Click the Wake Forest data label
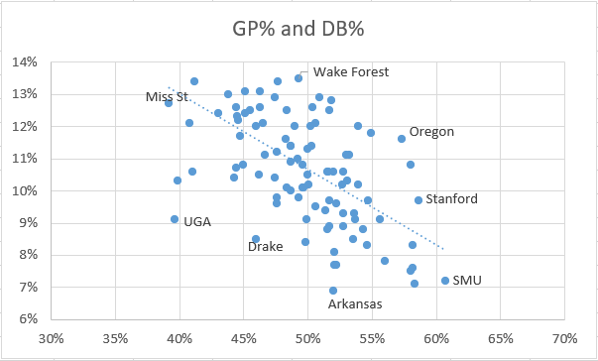[350, 71]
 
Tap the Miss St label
[167, 96]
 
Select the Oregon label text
[432, 131]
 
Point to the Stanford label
[452, 199]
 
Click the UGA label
[196, 222]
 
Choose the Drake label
[265, 246]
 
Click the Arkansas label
[355, 304]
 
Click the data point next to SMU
[445, 281]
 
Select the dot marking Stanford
[419, 200]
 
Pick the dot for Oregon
[402, 139]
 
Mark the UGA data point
[175, 219]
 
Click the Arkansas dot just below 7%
[333, 291]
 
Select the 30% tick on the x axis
[51, 338]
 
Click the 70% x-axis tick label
[564, 338]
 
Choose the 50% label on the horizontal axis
[307, 338]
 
